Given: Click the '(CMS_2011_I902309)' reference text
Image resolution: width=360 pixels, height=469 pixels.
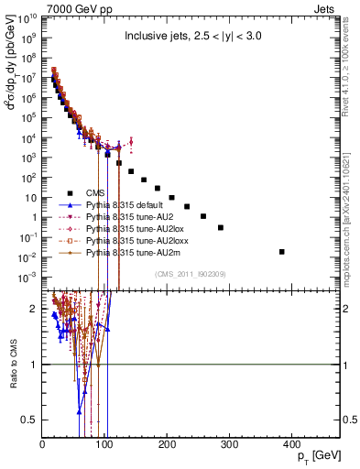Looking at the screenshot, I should (189, 273).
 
